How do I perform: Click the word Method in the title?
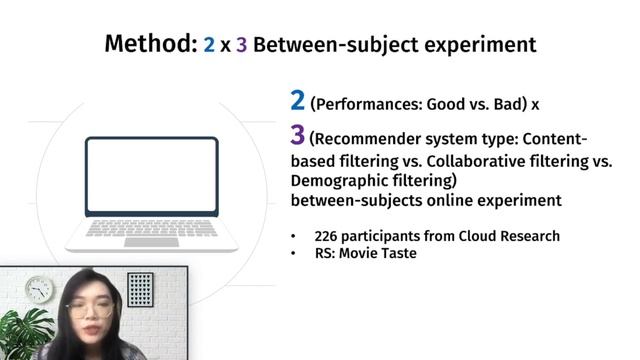[x=148, y=45]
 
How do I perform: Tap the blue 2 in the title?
[x=209, y=45]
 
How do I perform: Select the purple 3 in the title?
[x=241, y=45]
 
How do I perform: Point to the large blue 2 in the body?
[x=297, y=100]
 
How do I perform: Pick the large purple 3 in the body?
[x=297, y=136]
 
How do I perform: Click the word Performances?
[x=367, y=103]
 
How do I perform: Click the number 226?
[x=327, y=236]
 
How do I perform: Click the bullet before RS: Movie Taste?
[x=292, y=254]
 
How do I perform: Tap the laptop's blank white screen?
[x=151, y=175]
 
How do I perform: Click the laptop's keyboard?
[x=151, y=229]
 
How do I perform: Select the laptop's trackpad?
[x=151, y=242]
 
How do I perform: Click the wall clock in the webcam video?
[x=39, y=290]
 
